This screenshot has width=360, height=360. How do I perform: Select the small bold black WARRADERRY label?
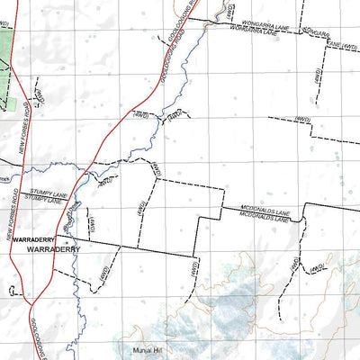pyautogui.click(x=35, y=239)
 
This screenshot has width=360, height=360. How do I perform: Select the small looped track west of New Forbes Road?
pyautogui.click(x=13, y=291)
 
